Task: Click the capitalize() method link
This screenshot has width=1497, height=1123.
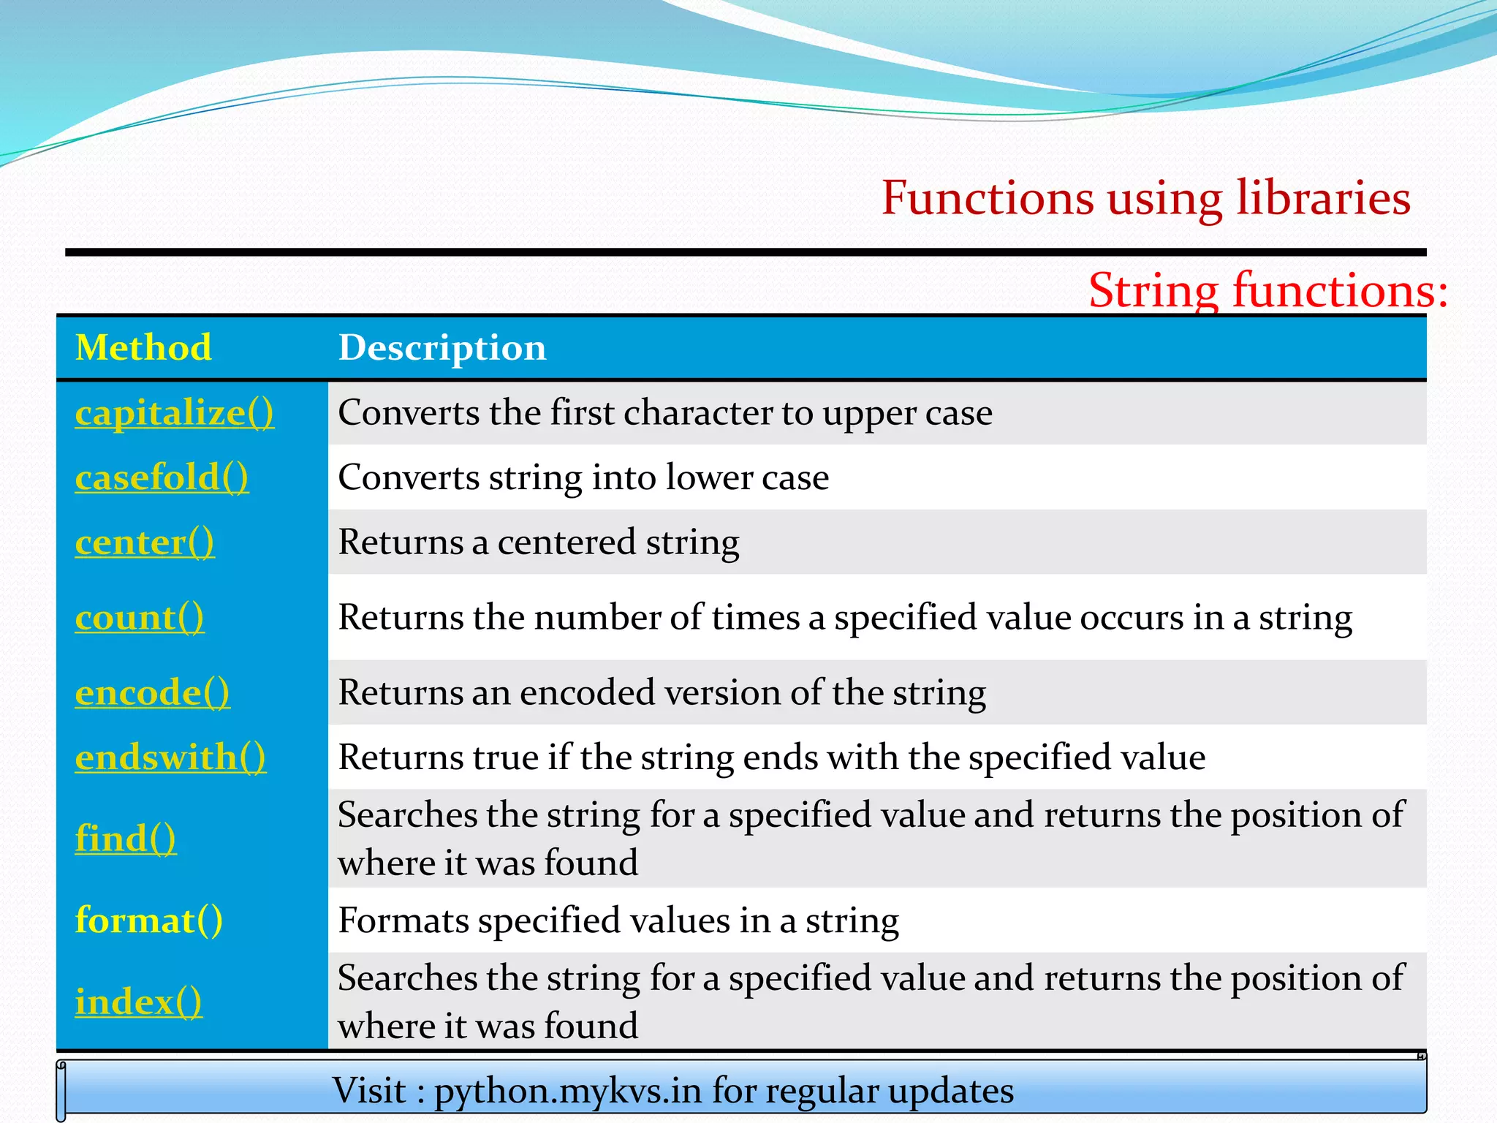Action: coord(174,413)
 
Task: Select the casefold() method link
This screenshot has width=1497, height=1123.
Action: coord(162,477)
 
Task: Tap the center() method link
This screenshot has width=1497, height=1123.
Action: coord(145,542)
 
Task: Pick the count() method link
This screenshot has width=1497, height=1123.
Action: coord(140,618)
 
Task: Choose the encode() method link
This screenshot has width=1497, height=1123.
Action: coord(152,692)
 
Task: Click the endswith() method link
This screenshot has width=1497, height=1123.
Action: coord(170,757)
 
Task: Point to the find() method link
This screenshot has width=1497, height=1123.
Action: coord(126,839)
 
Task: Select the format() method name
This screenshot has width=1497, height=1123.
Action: coord(148,920)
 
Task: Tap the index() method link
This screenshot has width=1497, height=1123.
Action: coord(138,1002)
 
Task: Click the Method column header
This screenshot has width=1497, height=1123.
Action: coord(143,347)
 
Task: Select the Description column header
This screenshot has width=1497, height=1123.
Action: coord(442,347)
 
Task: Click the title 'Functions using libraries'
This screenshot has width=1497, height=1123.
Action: coord(1145,198)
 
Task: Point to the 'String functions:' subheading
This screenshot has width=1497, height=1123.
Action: coord(1267,290)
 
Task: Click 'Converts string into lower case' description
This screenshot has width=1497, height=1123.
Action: coord(583,477)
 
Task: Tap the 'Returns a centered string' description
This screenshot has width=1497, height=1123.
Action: coord(539,542)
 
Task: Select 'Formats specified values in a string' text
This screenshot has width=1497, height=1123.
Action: coord(618,920)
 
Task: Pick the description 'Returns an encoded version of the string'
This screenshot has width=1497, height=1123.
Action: coord(662,692)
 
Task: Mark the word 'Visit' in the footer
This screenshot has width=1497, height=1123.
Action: coord(369,1091)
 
